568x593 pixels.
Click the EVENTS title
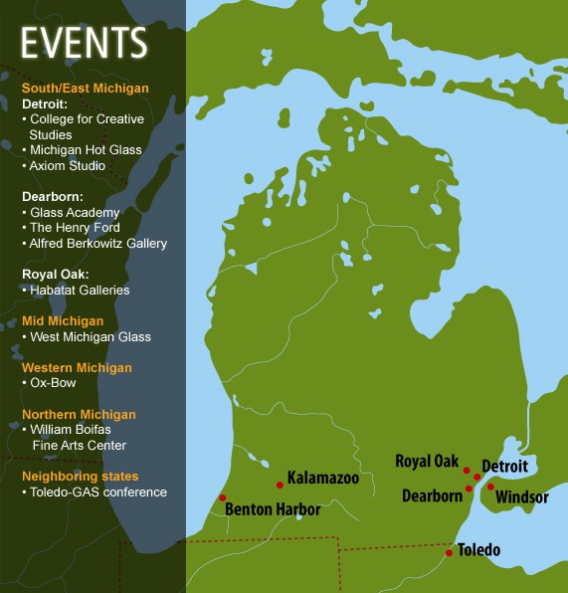click(85, 43)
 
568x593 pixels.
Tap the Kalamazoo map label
click(322, 478)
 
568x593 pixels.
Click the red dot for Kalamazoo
click(281, 485)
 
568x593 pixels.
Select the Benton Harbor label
click(273, 509)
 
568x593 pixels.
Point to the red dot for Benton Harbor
click(223, 497)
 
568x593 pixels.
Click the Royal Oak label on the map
click(427, 461)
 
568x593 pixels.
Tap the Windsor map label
click(521, 496)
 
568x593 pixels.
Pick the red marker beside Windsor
click(490, 487)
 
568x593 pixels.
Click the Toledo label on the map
click(478, 549)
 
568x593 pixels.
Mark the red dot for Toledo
click(450, 552)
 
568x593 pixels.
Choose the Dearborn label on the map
click(432, 494)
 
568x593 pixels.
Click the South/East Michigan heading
click(86, 89)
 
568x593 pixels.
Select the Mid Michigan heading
click(63, 321)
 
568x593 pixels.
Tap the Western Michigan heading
click(77, 367)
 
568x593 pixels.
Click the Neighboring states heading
click(81, 476)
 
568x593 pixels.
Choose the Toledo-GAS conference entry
click(97, 492)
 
